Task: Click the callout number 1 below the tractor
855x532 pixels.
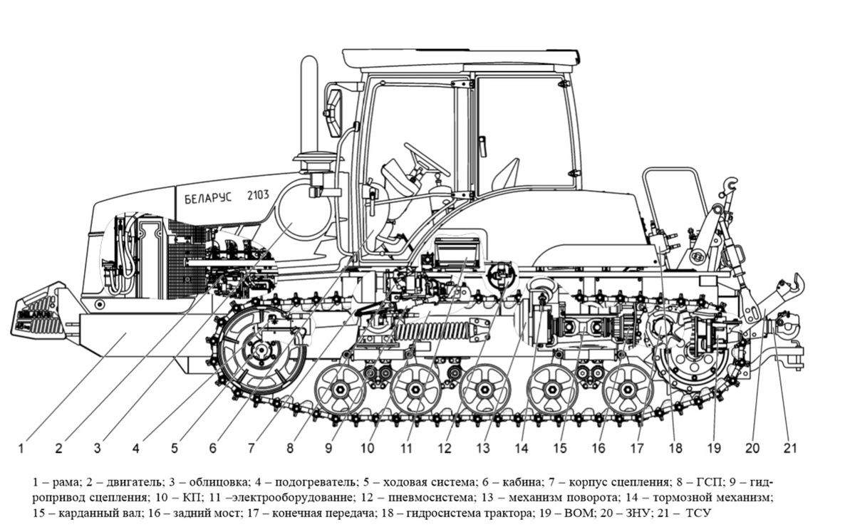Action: click(21, 449)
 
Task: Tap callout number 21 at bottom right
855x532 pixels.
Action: click(789, 449)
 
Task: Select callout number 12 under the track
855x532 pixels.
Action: click(445, 449)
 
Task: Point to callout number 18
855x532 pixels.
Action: click(675, 449)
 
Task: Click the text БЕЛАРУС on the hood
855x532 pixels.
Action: click(204, 199)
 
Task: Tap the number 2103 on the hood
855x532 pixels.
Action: click(258, 194)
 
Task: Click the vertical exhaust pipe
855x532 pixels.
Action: click(309, 107)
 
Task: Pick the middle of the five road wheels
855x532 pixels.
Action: click(484, 389)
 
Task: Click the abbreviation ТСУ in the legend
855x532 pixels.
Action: click(699, 513)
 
